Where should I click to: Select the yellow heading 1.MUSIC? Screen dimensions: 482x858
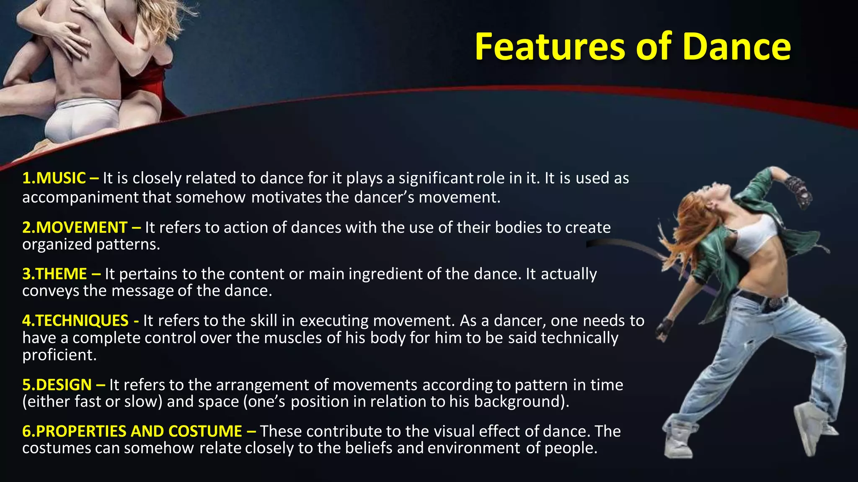(54, 178)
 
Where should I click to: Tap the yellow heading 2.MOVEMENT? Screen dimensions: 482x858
(75, 228)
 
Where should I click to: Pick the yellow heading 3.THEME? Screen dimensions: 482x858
(54, 274)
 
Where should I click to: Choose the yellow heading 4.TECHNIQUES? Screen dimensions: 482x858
(75, 320)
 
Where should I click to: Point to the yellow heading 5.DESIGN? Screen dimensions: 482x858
(57, 385)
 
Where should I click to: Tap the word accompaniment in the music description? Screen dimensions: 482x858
(80, 197)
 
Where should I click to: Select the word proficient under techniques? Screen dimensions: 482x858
(59, 355)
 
